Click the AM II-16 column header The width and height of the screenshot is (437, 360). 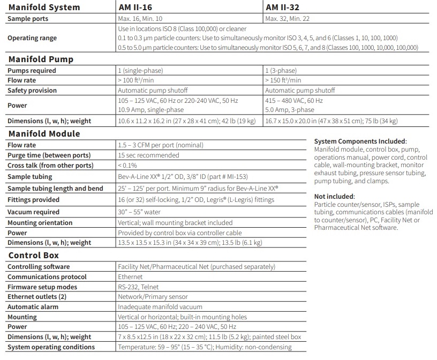(138, 7)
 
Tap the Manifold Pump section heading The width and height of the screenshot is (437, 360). (41, 59)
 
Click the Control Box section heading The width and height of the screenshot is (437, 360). (34, 256)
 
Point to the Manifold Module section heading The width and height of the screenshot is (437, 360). (44, 134)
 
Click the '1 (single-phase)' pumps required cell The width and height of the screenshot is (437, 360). (140, 71)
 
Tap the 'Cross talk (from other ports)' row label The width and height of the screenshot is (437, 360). (50, 165)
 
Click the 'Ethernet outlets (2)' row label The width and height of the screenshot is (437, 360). (37, 297)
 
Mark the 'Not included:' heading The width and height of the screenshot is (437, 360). (335, 197)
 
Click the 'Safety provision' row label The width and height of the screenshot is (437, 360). (32, 91)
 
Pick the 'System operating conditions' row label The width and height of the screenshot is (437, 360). (51, 347)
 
